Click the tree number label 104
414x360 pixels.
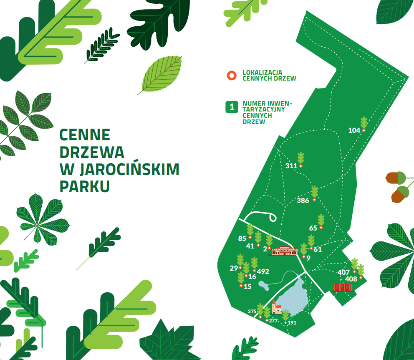click(354, 130)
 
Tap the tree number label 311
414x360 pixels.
click(291, 166)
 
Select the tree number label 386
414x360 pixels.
click(303, 200)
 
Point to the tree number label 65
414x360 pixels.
click(313, 228)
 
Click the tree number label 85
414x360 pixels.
click(242, 238)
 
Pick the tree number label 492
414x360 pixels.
click(263, 271)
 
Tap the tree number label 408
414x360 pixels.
click(351, 279)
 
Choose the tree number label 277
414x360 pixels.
click(273, 321)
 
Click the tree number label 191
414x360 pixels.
click(292, 323)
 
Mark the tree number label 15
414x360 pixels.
click(247, 286)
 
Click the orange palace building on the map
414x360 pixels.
click(284, 251)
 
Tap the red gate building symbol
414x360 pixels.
click(343, 287)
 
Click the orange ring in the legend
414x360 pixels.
click(231, 76)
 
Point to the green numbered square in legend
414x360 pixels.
click(232, 107)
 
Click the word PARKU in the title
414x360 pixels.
click(85, 186)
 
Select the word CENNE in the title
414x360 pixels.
click(85, 134)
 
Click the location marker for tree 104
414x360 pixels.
click(364, 130)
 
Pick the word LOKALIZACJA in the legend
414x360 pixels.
click(262, 73)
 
